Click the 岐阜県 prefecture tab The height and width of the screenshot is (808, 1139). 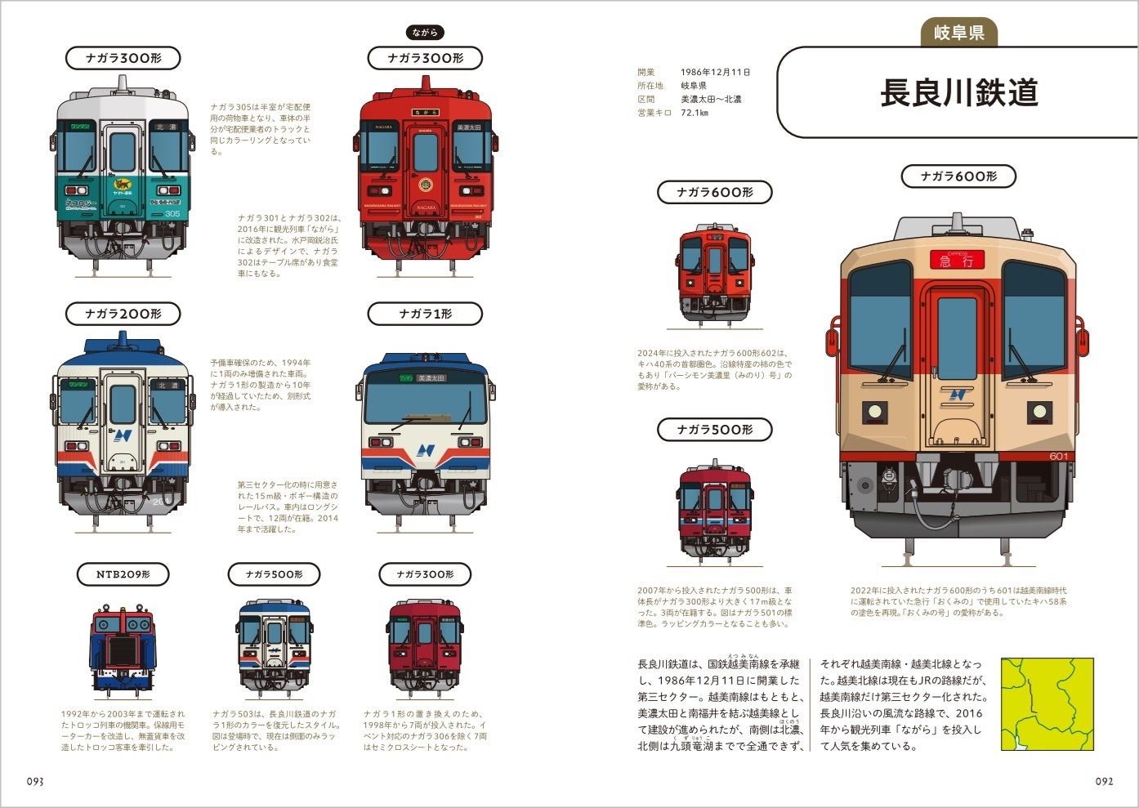coord(959,33)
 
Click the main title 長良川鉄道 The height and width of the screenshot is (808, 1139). coord(959,92)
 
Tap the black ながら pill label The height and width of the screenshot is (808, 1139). coord(425,33)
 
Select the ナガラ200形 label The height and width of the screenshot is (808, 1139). coord(123,314)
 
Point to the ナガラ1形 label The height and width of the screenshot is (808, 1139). coord(425,314)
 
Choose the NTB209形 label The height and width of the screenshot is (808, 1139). coord(123,574)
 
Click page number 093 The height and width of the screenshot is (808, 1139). coord(35,781)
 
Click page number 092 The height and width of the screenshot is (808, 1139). coord(1104,781)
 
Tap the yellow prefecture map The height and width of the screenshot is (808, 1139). coord(1047,704)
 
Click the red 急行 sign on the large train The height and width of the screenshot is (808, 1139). coord(957,261)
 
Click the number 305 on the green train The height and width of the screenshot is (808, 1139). coord(172,213)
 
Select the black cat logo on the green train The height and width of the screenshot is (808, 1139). coord(123,185)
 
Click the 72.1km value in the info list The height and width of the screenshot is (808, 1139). coord(694,113)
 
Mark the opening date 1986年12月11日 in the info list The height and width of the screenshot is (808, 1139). coord(715,72)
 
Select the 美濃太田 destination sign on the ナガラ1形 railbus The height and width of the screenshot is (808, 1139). coord(431,378)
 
